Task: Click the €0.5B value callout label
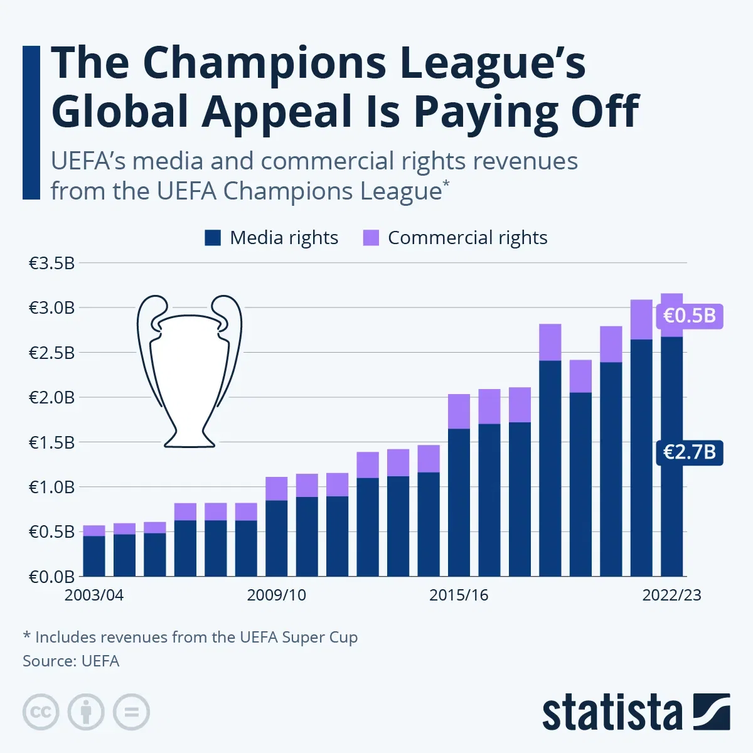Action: [x=689, y=315]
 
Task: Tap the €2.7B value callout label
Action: [x=689, y=452]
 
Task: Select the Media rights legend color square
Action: [x=213, y=238]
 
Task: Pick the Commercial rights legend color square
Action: [x=371, y=238]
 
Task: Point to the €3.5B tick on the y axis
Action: [x=51, y=263]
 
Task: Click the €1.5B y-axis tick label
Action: [x=51, y=442]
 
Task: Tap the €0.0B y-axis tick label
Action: [x=51, y=577]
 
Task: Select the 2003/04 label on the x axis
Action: [x=94, y=595]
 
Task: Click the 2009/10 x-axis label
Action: [x=276, y=595]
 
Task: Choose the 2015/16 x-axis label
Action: [x=459, y=595]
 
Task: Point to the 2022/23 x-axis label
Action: [x=671, y=595]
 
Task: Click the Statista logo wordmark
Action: [x=612, y=713]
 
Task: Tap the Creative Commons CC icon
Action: [x=41, y=712]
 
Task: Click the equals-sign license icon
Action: [x=131, y=712]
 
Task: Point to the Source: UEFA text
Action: [x=71, y=661]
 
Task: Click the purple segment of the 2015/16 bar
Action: [x=459, y=412]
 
